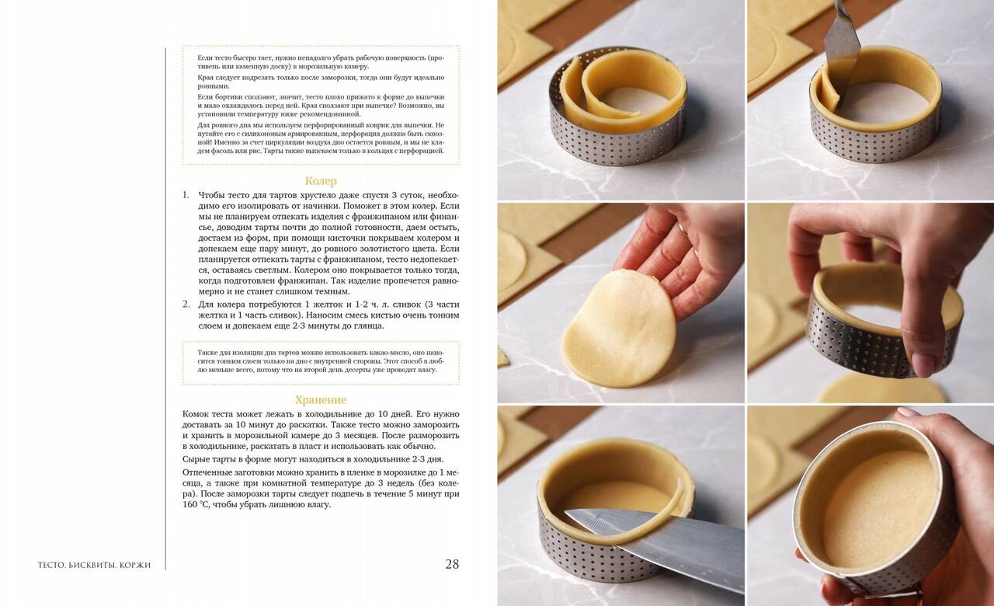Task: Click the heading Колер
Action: coord(321,181)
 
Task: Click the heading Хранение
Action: coord(321,400)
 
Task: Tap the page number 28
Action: coord(452,564)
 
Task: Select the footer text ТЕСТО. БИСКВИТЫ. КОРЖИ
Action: coord(94,565)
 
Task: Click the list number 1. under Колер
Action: coord(186,195)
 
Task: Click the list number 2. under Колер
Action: coord(186,305)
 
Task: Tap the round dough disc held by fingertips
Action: coord(619,329)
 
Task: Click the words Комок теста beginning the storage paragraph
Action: coord(207,414)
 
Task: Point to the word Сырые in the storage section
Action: coord(194,459)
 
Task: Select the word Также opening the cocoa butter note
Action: coord(206,353)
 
